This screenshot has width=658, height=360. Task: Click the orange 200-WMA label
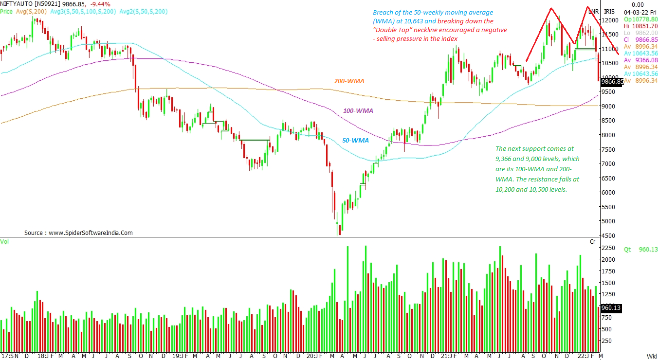point(349,81)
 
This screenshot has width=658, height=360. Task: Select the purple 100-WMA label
point(358,111)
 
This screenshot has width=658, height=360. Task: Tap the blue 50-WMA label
point(355,140)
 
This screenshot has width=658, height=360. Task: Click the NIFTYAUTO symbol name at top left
point(18,3)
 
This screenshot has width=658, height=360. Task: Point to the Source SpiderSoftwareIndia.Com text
point(78,233)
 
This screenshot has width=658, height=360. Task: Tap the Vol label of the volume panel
point(4,241)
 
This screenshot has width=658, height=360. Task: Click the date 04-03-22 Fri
point(638,11)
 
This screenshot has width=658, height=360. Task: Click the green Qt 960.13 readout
point(640,249)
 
